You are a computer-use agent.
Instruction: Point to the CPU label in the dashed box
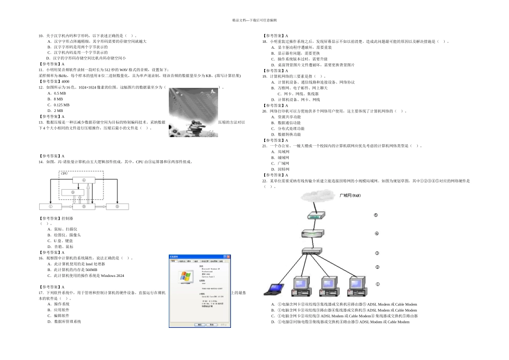click(64, 174)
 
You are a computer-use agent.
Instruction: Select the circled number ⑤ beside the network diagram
click(376, 215)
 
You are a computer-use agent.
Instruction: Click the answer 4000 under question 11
click(65, 81)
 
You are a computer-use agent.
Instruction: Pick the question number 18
click(265, 41)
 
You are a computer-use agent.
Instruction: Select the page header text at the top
click(254, 20)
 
